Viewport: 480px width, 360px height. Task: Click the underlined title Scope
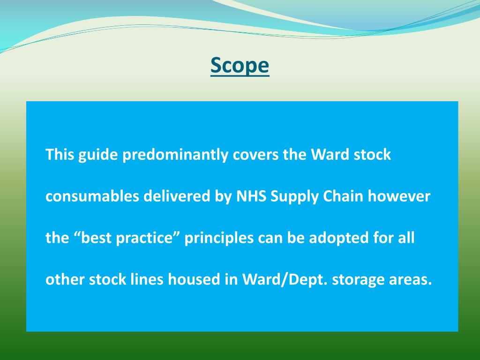(x=240, y=65)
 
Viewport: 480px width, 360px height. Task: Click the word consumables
(x=92, y=196)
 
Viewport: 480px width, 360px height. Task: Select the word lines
(x=145, y=280)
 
